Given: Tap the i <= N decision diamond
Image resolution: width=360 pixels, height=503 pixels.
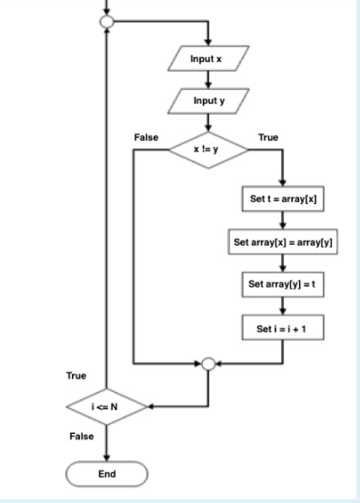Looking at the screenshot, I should click(106, 407).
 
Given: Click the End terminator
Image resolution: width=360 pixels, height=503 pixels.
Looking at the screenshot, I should click(106, 474).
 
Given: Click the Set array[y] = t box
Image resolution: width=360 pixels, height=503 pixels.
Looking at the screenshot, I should click(285, 285).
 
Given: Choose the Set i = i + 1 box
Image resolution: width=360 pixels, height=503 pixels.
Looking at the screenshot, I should click(285, 326).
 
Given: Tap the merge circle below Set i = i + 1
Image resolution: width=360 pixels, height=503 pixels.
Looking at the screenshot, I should click(209, 365).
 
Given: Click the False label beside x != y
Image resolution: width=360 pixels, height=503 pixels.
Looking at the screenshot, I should click(145, 137).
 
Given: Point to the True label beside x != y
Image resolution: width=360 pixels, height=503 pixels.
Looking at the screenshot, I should click(268, 137).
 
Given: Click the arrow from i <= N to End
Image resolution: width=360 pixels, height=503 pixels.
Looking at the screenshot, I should click(106, 445).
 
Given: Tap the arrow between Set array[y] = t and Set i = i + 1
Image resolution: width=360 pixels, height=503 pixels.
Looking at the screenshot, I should click(285, 306).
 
